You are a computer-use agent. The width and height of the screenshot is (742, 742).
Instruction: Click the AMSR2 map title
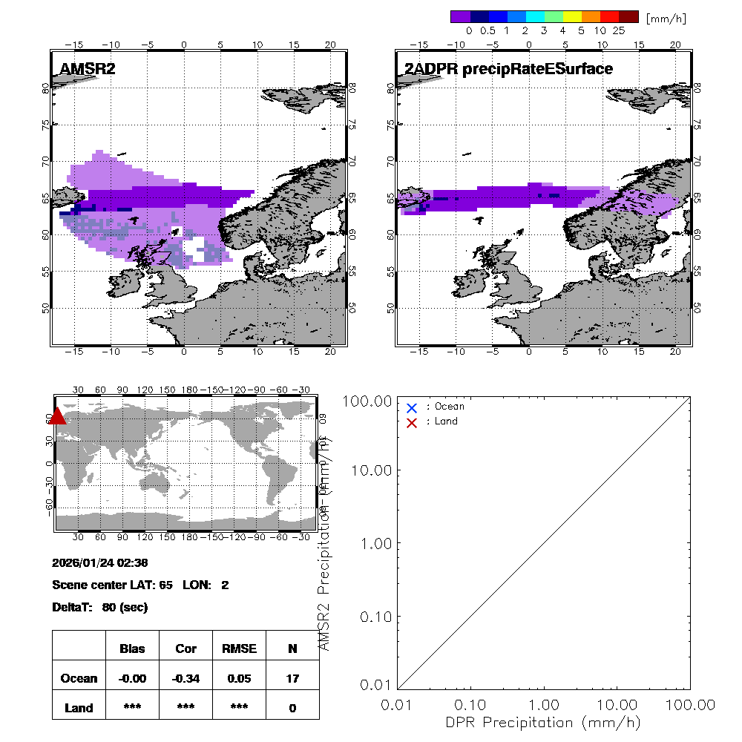(88, 70)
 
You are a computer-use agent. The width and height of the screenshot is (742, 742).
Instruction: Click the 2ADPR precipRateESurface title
(508, 70)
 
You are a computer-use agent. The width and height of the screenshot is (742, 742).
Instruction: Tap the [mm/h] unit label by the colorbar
(666, 17)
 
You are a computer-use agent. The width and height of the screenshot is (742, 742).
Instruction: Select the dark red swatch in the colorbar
(628, 16)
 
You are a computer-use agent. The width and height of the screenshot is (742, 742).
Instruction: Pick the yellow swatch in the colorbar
(572, 16)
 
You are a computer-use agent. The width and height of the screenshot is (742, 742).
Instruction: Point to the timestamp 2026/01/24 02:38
(100, 563)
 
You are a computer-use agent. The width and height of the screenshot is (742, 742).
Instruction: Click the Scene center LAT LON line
(140, 585)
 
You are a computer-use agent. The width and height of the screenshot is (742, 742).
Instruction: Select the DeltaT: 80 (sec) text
(100, 608)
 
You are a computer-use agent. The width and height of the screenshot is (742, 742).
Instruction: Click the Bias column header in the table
(132, 649)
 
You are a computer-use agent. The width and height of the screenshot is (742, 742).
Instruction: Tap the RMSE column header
(238, 649)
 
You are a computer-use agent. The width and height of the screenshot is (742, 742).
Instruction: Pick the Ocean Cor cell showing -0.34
(185, 678)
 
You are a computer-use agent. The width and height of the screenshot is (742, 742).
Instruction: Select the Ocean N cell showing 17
(292, 678)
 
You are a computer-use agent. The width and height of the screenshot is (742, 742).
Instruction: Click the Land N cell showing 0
(292, 708)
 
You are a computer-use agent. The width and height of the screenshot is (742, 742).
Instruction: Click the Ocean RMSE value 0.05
(238, 678)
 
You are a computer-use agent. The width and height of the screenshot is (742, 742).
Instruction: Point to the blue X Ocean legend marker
(412, 407)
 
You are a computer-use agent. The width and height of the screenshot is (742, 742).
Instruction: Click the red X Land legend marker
(412, 422)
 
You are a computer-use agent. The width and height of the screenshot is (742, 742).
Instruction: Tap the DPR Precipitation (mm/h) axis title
(544, 722)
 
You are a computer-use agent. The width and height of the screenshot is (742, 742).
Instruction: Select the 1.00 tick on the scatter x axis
(544, 704)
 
